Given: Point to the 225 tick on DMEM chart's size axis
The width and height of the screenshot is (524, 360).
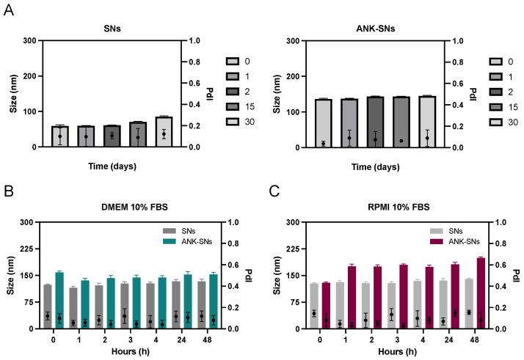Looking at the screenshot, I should [x=30, y=249].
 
